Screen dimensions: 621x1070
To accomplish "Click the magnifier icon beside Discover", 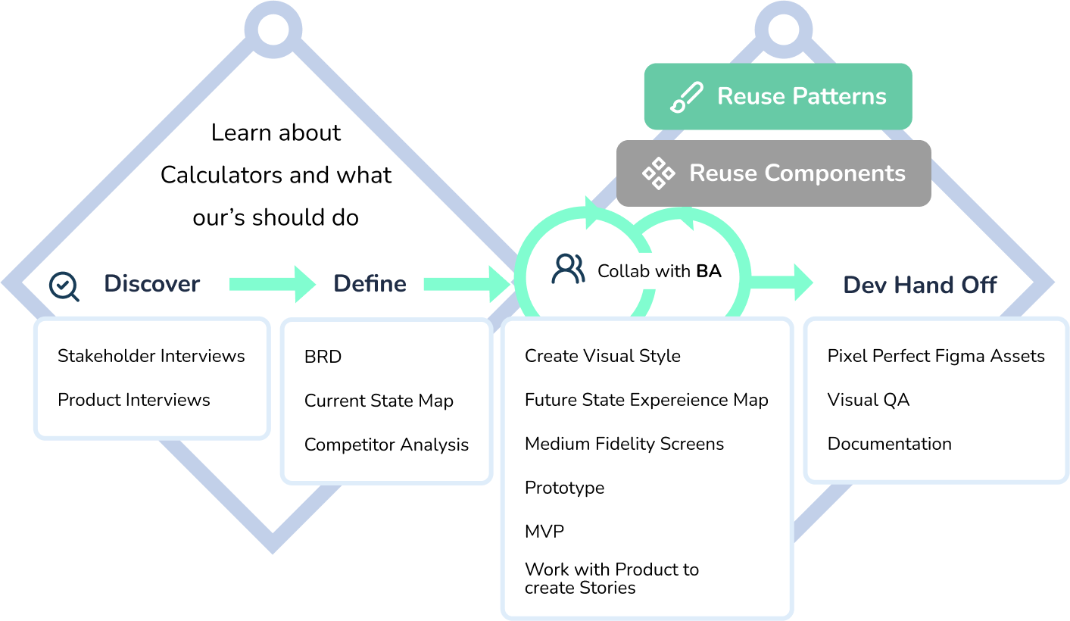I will point(64,286).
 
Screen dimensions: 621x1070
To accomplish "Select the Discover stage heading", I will point(151,284).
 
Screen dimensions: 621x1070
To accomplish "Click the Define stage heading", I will point(370,284).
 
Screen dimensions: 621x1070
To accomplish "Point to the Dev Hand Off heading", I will point(919,286).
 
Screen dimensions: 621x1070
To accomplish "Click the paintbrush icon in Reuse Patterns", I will point(686,98).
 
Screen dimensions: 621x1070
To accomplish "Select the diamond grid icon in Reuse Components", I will point(658,173).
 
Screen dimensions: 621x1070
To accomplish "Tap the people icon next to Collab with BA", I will point(568,270).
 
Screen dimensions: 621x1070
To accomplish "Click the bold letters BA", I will point(709,271).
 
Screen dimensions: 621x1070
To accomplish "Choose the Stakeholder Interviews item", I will point(151,356).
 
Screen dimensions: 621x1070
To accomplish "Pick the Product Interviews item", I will point(134,400).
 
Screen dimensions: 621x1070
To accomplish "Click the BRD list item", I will point(323,357).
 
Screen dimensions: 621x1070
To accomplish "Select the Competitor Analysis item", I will point(386,445).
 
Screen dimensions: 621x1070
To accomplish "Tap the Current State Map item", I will point(379,401).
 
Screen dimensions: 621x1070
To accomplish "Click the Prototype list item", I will point(564,488).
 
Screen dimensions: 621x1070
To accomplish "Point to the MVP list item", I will point(544,532).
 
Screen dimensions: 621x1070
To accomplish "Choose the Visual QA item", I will point(868,400).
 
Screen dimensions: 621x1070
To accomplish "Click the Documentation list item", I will point(889,444).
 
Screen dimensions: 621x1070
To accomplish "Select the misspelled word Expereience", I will point(669,400).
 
